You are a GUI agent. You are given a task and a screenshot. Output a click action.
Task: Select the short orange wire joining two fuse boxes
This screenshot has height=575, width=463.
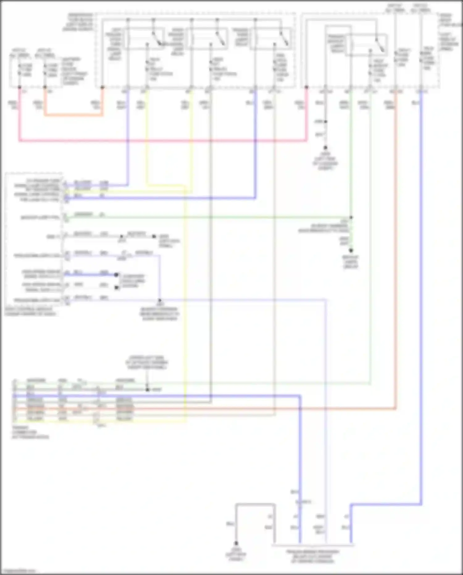tap(74, 115)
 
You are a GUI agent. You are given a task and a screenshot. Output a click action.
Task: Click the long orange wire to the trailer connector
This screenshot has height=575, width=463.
tap(396, 247)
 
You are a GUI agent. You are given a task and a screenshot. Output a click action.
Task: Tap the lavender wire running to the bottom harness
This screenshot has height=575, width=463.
tap(326, 402)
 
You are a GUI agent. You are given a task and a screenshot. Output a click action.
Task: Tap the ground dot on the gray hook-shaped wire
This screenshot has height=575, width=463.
tap(236, 543)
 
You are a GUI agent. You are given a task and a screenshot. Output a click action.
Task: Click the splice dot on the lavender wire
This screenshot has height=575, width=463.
tap(160, 300)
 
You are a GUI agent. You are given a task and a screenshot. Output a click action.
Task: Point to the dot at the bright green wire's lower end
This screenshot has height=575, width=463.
tap(351, 251)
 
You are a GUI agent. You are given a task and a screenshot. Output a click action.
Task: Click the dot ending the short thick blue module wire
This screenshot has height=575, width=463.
tap(116, 275)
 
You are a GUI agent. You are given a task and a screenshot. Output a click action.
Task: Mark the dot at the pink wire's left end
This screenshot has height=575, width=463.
tap(19, 87)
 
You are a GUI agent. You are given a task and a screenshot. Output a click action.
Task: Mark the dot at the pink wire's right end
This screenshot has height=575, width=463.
tap(307, 87)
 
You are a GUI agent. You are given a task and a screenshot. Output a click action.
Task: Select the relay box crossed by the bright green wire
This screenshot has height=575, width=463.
tap(366, 45)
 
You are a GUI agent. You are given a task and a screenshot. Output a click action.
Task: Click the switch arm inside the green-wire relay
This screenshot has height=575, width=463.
tap(380, 45)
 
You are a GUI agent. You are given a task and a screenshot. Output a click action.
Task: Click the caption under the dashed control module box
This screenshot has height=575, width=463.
tap(30, 311)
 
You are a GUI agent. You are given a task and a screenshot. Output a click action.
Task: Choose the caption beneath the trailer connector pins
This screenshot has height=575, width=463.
tap(30, 432)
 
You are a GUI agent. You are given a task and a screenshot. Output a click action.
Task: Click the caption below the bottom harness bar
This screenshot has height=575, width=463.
tap(312, 556)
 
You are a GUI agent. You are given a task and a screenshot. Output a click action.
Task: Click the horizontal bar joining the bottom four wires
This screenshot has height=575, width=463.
tap(312, 545)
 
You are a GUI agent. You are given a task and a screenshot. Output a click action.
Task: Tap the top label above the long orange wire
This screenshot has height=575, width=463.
tap(395, 8)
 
